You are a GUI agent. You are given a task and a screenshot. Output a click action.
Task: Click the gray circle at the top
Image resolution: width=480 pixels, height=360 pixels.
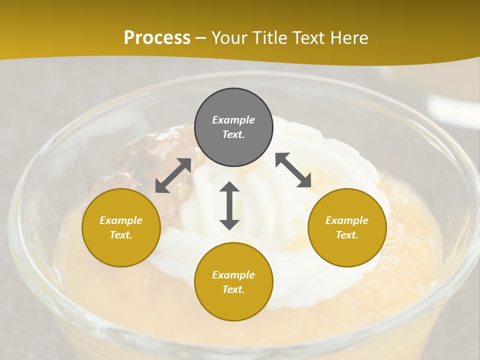[x=233, y=127]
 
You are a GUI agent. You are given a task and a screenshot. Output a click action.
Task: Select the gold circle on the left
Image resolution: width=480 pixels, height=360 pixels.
[x=121, y=227]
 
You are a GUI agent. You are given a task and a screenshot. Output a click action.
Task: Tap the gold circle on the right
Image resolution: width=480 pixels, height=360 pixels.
[x=347, y=227]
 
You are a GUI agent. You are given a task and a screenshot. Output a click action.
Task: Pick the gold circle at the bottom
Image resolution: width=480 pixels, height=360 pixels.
[x=233, y=282]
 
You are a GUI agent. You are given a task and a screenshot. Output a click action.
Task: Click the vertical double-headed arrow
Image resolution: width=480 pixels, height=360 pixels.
[x=229, y=205]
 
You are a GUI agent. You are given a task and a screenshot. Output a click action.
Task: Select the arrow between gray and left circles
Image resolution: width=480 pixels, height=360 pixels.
[x=173, y=175]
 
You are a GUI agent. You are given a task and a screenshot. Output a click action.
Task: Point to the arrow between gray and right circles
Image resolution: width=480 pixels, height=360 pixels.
[x=293, y=170]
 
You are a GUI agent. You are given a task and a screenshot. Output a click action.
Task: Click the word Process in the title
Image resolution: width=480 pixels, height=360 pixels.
[x=157, y=37]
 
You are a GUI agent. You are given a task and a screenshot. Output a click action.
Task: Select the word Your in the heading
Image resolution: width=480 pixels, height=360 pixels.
[x=230, y=37]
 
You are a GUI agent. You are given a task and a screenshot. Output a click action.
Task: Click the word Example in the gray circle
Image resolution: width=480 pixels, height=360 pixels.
[x=233, y=120]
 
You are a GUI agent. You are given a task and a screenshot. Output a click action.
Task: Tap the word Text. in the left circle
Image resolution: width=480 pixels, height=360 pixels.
[x=121, y=235]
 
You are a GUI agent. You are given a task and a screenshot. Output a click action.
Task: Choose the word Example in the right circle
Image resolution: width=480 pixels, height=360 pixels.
[x=347, y=220]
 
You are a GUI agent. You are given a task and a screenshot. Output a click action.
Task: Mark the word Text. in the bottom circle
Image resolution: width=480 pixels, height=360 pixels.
[x=233, y=289]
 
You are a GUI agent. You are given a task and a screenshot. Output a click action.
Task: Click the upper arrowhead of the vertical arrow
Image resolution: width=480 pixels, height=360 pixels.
[x=229, y=187]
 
